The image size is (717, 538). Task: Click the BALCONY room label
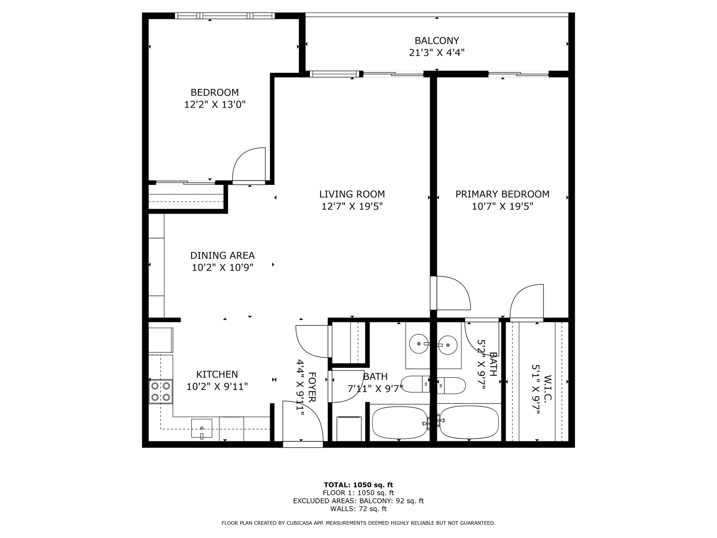click(437, 41)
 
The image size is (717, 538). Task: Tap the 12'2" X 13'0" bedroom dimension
click(215, 104)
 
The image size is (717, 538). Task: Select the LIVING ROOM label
click(352, 194)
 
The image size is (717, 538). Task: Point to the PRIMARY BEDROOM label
click(502, 194)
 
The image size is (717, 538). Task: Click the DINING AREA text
click(222, 255)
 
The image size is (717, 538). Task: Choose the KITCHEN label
click(217, 374)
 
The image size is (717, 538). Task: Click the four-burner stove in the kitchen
click(161, 392)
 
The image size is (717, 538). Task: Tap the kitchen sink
click(202, 428)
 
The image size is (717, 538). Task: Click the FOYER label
click(312, 387)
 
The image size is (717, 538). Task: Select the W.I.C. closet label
click(548, 388)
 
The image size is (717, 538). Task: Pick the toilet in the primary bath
click(451, 386)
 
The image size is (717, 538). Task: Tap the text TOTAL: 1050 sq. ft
click(358, 485)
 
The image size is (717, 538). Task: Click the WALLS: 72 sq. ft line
click(358, 509)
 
